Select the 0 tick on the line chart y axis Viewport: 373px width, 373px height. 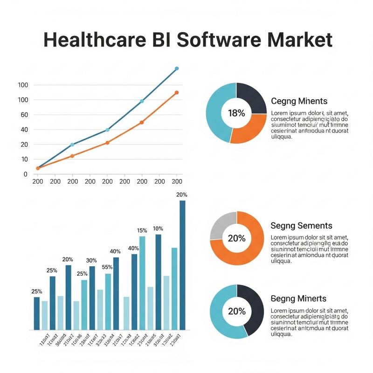coord(25,174)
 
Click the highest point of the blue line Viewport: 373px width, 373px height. coord(177,69)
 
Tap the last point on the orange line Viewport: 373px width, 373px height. coord(177,93)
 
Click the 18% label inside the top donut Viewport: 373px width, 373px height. coord(236,113)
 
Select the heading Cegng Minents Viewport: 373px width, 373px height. coord(299,101)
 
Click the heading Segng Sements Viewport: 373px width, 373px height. coord(301,226)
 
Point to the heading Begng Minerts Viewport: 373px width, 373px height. coord(298,298)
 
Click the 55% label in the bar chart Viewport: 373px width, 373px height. coord(107,267)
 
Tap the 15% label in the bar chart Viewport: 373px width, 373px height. coord(142,230)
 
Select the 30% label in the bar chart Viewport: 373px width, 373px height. coord(92,260)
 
